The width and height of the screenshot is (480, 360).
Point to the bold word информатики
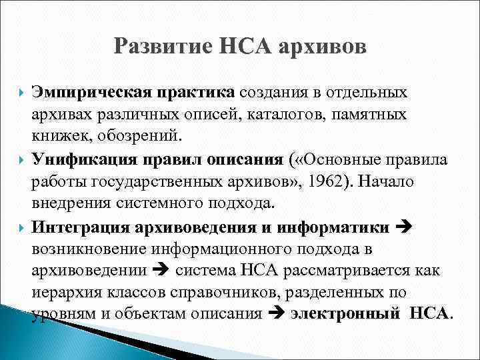coord(341,228)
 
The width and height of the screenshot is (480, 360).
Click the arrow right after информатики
coord(405,228)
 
